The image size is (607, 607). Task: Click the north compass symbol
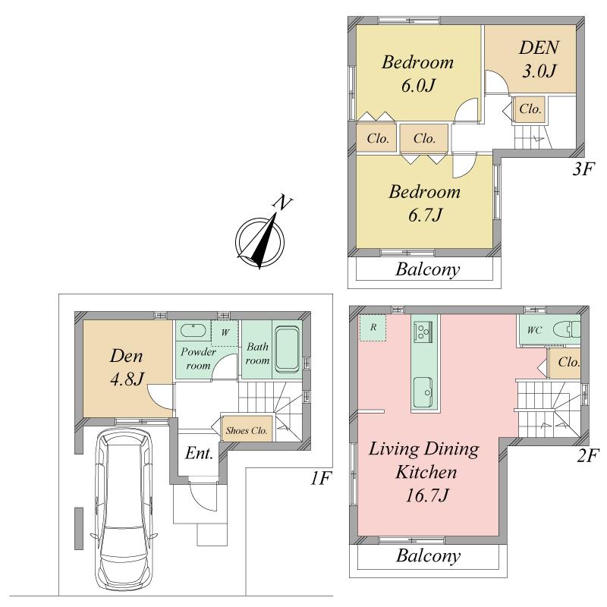click(261, 240)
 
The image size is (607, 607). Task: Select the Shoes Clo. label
click(247, 430)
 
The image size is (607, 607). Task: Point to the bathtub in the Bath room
click(286, 350)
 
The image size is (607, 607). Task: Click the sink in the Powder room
click(193, 332)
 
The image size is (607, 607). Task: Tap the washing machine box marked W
click(225, 332)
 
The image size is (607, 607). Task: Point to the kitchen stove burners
click(422, 331)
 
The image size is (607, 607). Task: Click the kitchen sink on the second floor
click(422, 392)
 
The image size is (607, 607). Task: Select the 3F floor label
click(583, 168)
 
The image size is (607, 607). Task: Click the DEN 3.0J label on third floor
click(539, 60)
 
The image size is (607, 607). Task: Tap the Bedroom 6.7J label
click(424, 203)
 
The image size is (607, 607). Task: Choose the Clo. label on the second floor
click(568, 363)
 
